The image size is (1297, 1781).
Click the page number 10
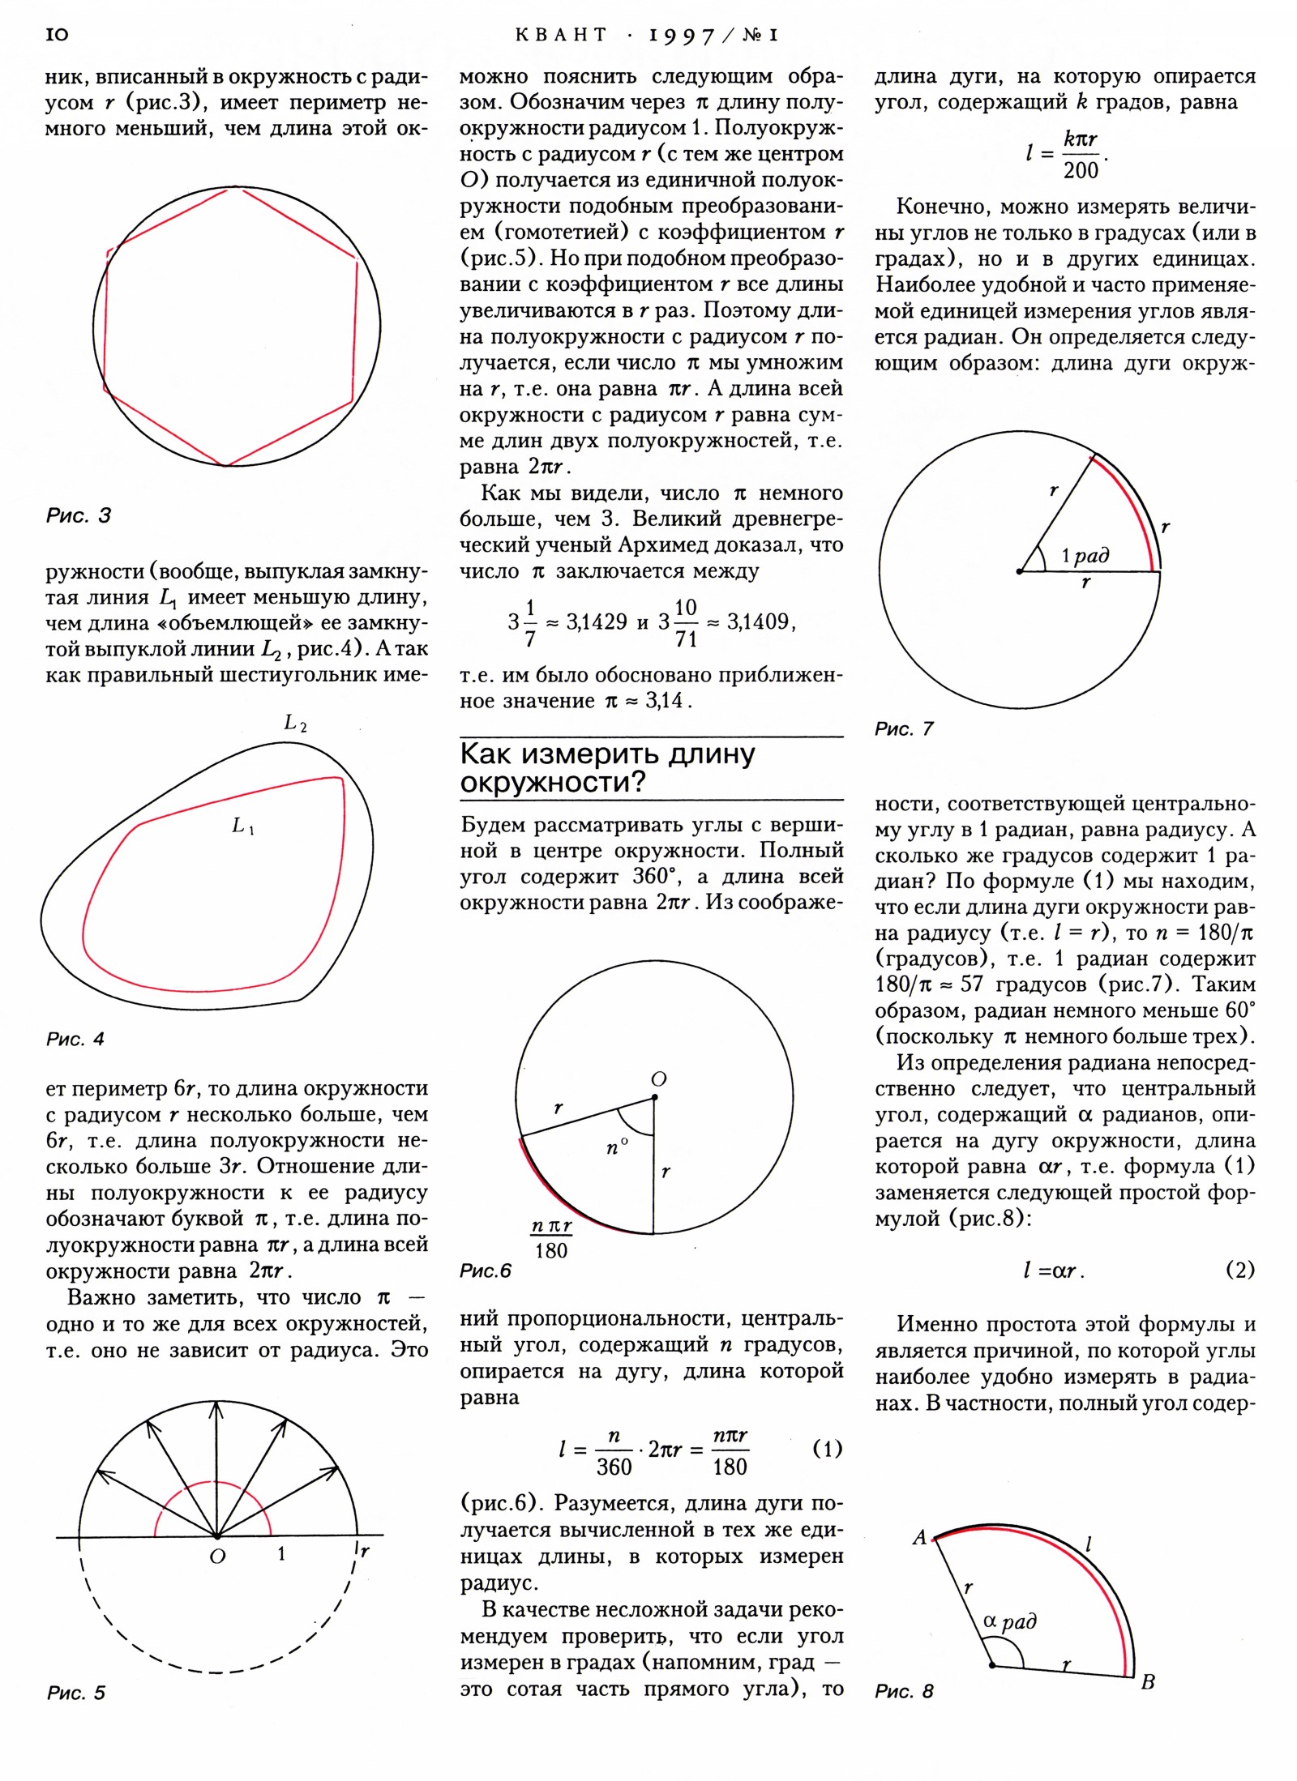58,34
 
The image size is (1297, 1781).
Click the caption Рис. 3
79,515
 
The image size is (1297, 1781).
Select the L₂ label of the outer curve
295,723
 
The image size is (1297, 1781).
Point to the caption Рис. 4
75,1039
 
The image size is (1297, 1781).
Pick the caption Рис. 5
76,1693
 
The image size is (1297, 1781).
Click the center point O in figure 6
654,1098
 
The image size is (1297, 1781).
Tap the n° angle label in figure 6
617,1147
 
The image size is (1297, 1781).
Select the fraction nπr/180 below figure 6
551,1238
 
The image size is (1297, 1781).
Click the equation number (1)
827,1449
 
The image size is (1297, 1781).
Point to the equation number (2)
1240,1270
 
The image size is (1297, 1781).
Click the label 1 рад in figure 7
1085,556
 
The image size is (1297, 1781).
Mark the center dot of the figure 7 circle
1019,572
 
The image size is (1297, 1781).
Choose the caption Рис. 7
904,729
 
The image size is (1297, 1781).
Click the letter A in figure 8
919,1537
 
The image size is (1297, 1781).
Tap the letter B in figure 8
1148,1682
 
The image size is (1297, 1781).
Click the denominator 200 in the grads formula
1081,170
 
